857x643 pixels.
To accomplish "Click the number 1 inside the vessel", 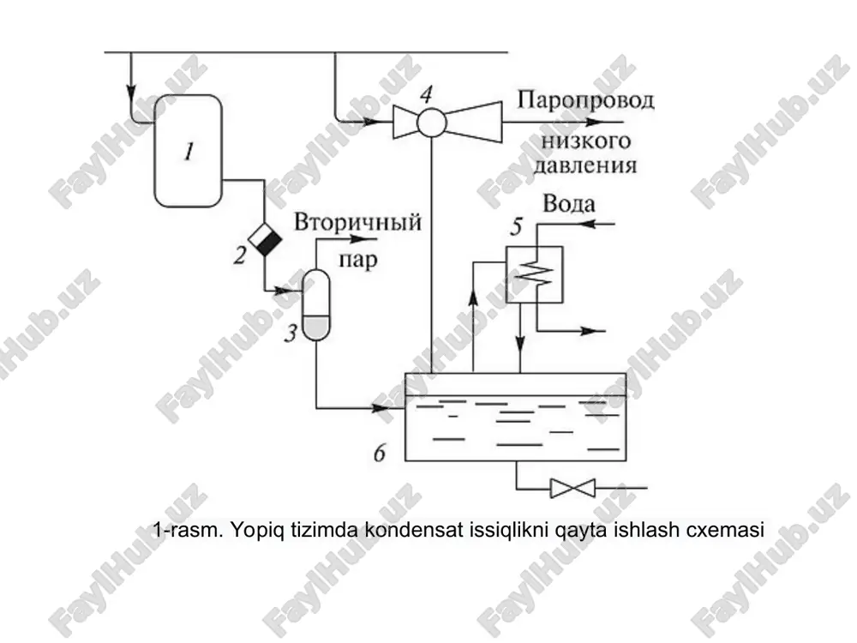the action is pyautogui.click(x=189, y=151).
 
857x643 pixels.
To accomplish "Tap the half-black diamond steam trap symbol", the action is pyautogui.click(x=265, y=239).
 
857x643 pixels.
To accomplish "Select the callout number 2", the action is pyautogui.click(x=240, y=255).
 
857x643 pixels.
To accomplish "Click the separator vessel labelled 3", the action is pyautogui.click(x=316, y=304).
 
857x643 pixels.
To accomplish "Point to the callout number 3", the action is pyautogui.click(x=291, y=333).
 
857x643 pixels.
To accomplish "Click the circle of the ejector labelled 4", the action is pyautogui.click(x=432, y=123).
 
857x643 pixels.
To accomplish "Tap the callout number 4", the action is pyautogui.click(x=426, y=94).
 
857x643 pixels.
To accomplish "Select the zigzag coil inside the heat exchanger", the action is pyautogui.click(x=534, y=273).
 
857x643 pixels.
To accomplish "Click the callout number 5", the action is pyautogui.click(x=517, y=226).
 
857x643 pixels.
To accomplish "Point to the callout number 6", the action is pyautogui.click(x=380, y=453).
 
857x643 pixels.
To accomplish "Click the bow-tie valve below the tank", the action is pyautogui.click(x=572, y=488).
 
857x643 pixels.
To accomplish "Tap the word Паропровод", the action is pyautogui.click(x=585, y=100).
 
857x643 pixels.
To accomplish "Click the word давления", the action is pyautogui.click(x=585, y=165).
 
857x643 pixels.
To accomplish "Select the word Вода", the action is pyautogui.click(x=569, y=204).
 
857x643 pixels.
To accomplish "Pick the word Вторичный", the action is pyautogui.click(x=358, y=223).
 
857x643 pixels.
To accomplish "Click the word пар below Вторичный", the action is pyautogui.click(x=358, y=259).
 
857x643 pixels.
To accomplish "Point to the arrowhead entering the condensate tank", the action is pyautogui.click(x=381, y=408).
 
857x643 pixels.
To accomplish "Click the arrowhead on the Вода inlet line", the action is pyautogui.click(x=587, y=224).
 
